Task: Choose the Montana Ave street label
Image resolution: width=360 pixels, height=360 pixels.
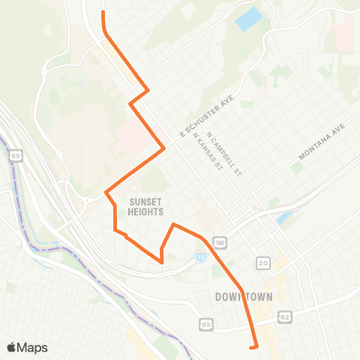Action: pyautogui.click(x=321, y=142)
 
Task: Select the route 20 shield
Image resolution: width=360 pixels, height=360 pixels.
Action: pyautogui.click(x=262, y=262)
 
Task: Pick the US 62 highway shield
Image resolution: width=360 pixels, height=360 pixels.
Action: pyautogui.click(x=284, y=296)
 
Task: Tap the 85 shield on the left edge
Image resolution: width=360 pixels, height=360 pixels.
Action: pyautogui.click(x=16, y=157)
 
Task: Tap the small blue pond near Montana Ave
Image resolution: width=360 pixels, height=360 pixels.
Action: pyautogui.click(x=284, y=218)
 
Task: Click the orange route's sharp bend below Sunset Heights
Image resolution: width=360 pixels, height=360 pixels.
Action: pyautogui.click(x=162, y=261)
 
